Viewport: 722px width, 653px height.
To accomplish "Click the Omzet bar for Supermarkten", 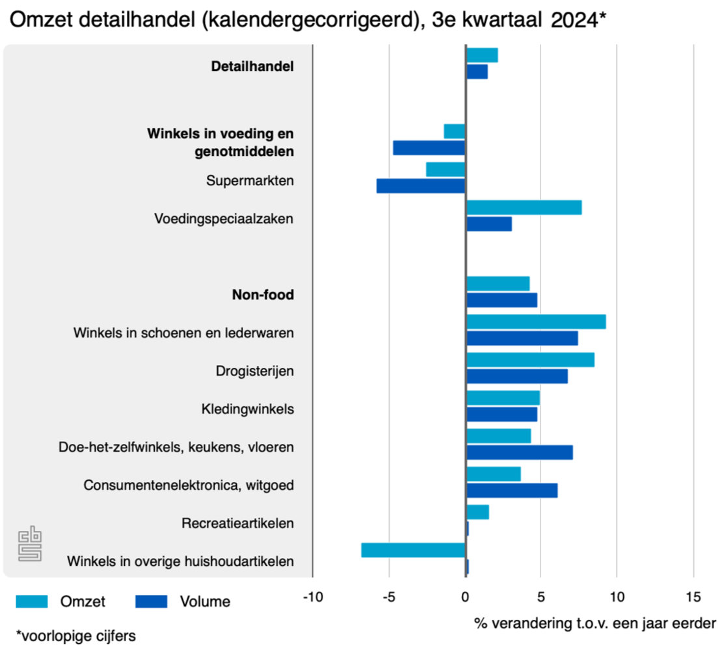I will click(x=446, y=170).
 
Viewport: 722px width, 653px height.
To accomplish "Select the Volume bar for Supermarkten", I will click(x=421, y=186).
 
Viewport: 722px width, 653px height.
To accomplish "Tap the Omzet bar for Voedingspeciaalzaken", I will click(x=524, y=207).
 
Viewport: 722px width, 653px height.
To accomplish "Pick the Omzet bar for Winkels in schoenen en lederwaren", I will click(x=536, y=322).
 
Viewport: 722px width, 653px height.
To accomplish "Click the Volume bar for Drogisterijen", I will click(x=516, y=376).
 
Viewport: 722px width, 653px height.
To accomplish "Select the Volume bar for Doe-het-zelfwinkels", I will click(x=519, y=452).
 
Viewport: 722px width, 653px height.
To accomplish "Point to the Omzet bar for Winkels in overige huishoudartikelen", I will click(x=413, y=550).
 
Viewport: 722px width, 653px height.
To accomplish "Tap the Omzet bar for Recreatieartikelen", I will click(x=477, y=512).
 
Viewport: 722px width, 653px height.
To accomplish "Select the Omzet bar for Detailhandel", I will click(x=482, y=55).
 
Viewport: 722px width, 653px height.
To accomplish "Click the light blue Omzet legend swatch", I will click(x=32, y=602).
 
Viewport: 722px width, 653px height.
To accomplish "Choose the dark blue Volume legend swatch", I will click(x=151, y=602).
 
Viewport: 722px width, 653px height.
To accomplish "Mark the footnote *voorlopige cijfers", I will click(x=75, y=635).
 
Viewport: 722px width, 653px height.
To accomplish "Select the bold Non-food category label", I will click(x=263, y=295).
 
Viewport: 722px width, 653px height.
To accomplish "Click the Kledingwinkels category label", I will click(x=248, y=409).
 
